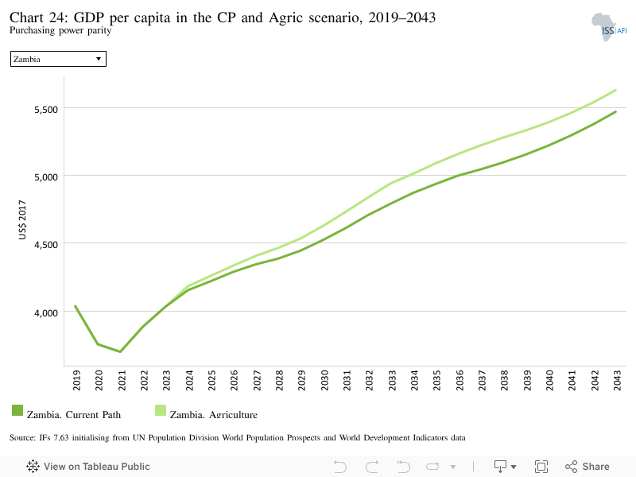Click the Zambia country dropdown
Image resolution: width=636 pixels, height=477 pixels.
coord(58,59)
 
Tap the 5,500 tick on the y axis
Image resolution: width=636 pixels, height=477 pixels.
coord(46,110)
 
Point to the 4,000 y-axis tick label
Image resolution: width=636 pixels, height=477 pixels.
coord(46,312)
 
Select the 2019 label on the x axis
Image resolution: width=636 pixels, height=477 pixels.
coord(76,380)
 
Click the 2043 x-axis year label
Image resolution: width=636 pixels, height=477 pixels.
coord(617,380)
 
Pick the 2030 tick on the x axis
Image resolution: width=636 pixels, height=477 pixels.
coord(324,380)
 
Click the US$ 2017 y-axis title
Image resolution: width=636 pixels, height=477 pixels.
coord(22,219)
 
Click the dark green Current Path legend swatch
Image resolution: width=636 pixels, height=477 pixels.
coord(17,410)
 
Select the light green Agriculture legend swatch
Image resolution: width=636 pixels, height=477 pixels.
coord(161,410)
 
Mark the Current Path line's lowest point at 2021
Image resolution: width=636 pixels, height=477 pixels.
coord(120,351)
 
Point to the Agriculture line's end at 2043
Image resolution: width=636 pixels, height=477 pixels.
coord(615,90)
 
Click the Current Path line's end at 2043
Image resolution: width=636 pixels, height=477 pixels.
coord(615,111)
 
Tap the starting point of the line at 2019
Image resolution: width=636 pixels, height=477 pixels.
coord(76,306)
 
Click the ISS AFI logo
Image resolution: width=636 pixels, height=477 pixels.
coord(609,27)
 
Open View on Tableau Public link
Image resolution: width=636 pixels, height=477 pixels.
coord(88,467)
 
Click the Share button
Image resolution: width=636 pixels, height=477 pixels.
coord(588,467)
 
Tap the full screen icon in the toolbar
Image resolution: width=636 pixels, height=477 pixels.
coord(541,467)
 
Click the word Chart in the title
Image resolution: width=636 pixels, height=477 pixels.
coord(26,17)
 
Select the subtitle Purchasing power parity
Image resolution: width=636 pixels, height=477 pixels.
coord(60,30)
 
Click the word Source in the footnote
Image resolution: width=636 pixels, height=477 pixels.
coord(23,438)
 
